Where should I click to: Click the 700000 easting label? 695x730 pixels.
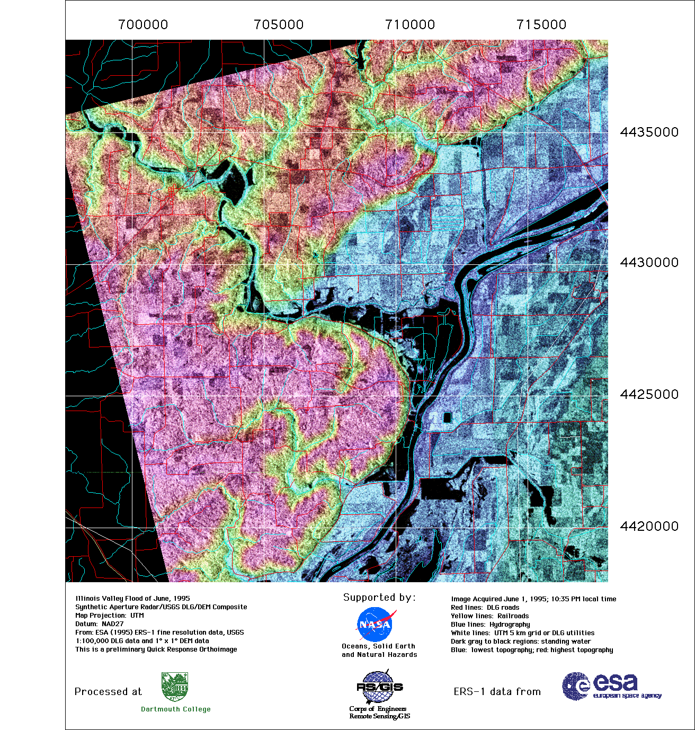(x=143, y=25)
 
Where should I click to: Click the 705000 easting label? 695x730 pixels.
(x=279, y=25)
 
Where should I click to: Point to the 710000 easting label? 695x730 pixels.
(x=410, y=25)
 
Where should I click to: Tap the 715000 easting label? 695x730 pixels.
(x=541, y=25)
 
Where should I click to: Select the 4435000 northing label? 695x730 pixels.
(x=649, y=132)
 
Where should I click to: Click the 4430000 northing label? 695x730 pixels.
(x=649, y=263)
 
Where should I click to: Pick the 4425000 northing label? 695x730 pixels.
(x=649, y=395)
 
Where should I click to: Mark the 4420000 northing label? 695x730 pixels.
(x=649, y=527)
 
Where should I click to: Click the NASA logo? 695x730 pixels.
(x=376, y=624)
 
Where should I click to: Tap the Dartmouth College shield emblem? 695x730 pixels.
(x=175, y=687)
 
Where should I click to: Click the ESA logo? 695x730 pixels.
(x=611, y=687)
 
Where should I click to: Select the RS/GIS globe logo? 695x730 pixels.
(x=379, y=687)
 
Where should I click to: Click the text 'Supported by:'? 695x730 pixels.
(x=379, y=598)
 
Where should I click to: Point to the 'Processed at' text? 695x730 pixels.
(x=108, y=692)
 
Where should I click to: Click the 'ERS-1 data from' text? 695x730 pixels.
(x=497, y=692)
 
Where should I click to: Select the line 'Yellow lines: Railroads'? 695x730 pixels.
(x=489, y=616)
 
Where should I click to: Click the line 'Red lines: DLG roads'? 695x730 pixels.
(x=485, y=608)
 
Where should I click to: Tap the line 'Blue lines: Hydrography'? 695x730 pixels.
(x=490, y=625)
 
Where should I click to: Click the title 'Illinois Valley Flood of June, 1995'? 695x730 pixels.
(x=132, y=599)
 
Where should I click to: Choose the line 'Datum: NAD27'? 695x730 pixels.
(x=99, y=624)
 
